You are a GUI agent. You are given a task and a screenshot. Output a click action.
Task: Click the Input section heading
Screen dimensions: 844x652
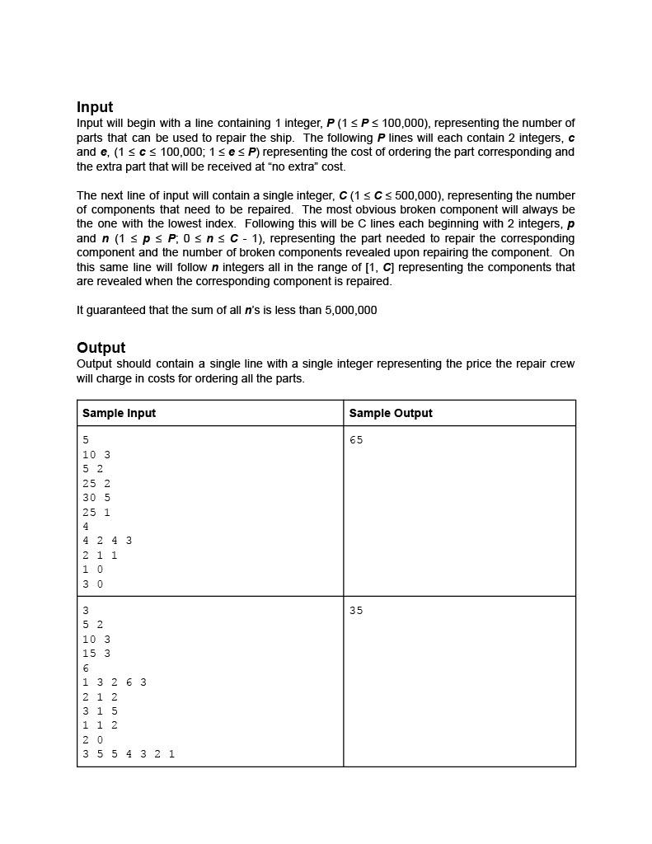click(x=95, y=107)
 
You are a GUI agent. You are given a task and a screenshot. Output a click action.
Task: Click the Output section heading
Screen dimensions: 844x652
click(x=101, y=348)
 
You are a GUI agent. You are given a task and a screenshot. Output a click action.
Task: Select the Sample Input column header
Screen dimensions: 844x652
click(x=119, y=413)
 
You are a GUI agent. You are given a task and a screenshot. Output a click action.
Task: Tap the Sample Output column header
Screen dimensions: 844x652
click(x=390, y=413)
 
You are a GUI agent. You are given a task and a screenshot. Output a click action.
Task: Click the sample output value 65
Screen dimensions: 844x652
click(x=356, y=440)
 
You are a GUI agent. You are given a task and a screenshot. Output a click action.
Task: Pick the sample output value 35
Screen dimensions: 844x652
click(x=356, y=611)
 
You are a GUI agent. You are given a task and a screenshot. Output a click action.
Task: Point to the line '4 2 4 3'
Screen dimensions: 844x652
click(x=107, y=541)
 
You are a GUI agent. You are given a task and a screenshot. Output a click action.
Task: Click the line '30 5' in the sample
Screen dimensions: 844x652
click(x=96, y=498)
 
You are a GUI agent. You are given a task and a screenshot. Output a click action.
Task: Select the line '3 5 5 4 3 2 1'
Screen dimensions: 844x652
click(x=129, y=753)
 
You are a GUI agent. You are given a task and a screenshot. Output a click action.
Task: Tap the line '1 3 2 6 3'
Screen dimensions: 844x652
click(x=115, y=682)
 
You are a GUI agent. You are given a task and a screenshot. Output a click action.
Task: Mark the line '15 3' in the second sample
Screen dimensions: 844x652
click(x=96, y=654)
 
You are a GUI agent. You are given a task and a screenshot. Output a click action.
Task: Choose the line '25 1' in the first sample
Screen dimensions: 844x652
click(x=96, y=512)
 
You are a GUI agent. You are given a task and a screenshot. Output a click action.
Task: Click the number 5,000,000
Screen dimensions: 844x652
click(x=350, y=311)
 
